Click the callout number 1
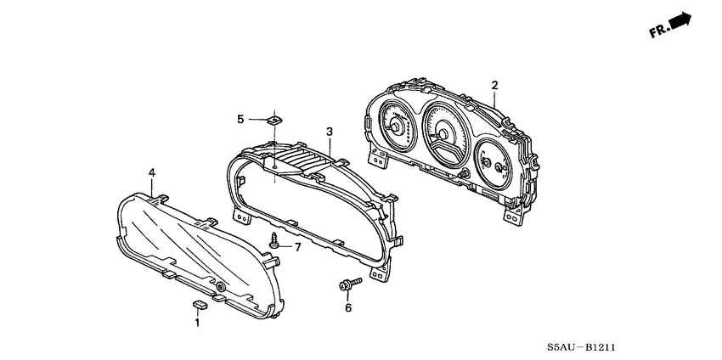197,323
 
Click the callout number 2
494,85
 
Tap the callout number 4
152,173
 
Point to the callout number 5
240,119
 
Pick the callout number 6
347,309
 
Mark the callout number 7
297,246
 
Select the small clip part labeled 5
274,120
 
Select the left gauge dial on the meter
395,124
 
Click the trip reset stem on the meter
465,173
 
